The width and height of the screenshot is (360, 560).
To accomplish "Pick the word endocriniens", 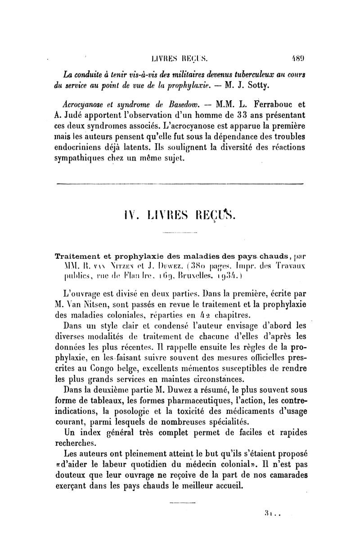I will coord(80,148).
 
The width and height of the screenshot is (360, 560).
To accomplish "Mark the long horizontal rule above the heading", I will coord(180,183).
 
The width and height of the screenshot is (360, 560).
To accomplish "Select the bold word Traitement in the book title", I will coord(77,256).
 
